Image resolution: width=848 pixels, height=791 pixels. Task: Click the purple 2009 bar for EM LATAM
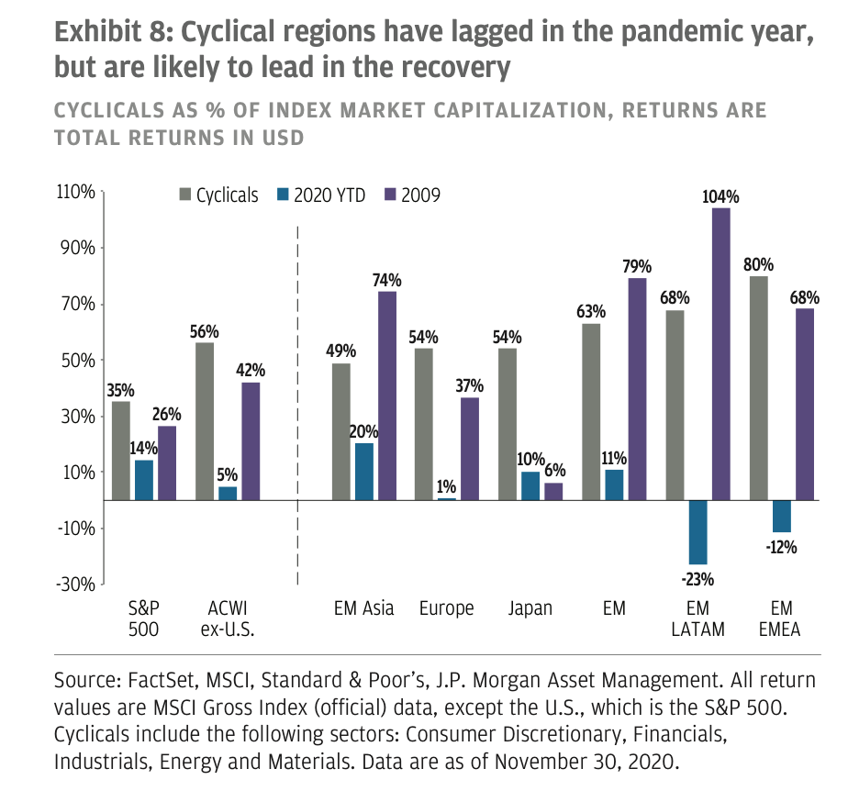pos(721,353)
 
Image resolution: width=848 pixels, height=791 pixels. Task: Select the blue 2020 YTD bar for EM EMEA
pos(781,516)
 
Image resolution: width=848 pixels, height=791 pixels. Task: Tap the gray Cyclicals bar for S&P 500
pos(120,451)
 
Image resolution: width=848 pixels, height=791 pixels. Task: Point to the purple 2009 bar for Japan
pos(553,491)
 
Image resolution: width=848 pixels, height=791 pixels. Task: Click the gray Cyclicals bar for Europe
pos(422,424)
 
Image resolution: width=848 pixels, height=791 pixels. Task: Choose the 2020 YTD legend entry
pos(321,195)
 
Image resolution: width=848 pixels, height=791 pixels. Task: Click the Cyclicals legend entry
pos(218,195)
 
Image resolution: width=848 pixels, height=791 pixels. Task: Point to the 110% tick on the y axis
pos(75,192)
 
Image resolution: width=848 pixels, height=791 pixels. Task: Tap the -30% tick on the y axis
pos(75,584)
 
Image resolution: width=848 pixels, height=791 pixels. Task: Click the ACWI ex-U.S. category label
pos(228,618)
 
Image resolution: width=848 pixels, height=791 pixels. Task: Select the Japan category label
pos(530,609)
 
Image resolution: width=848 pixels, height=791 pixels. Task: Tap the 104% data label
pos(721,195)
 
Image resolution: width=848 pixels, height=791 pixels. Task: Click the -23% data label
pos(697,578)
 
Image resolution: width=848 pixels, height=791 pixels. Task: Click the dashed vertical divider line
pos(298,404)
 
